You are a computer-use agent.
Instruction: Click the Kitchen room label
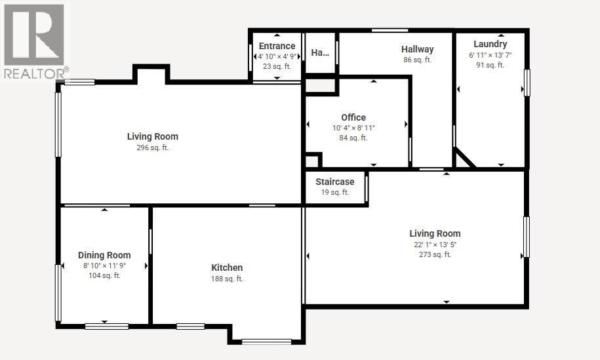[227, 268]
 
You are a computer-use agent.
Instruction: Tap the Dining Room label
[104, 255]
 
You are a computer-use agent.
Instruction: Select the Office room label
[353, 117]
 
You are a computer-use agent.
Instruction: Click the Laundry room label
[490, 45]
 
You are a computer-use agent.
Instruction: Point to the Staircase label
[335, 182]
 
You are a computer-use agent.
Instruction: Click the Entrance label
[277, 46]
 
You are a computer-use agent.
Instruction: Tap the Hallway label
[418, 49]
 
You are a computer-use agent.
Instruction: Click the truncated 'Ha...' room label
[320, 53]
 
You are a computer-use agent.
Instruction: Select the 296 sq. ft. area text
[152, 148]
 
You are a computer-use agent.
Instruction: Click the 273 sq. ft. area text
[435, 254]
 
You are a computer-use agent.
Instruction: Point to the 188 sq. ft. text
[227, 279]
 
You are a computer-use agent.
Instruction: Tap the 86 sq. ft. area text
[418, 60]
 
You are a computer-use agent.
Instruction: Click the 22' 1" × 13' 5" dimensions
[435, 245]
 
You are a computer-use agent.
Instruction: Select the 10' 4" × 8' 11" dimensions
[353, 128]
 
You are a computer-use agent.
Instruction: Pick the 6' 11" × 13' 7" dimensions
[490, 55]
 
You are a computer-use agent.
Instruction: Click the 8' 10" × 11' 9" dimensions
[104, 266]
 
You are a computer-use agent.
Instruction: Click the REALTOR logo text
[36, 73]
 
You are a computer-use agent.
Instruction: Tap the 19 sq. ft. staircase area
[335, 192]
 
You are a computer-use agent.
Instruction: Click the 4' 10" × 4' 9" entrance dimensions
[277, 56]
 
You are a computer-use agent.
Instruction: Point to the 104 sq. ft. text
[104, 275]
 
